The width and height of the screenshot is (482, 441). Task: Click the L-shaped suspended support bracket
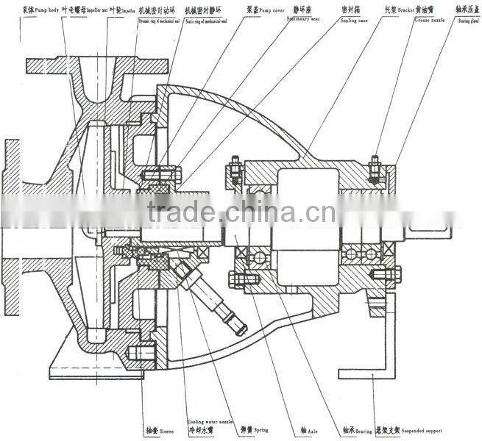pos(384,338)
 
